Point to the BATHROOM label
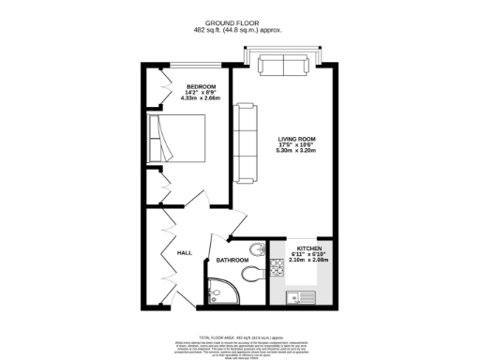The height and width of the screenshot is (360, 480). (x=232, y=260)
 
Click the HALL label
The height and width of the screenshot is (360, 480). (x=185, y=252)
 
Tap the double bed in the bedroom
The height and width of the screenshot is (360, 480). (x=181, y=139)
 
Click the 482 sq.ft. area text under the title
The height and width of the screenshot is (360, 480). (x=239, y=30)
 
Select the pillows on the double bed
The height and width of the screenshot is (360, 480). (x=156, y=139)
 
